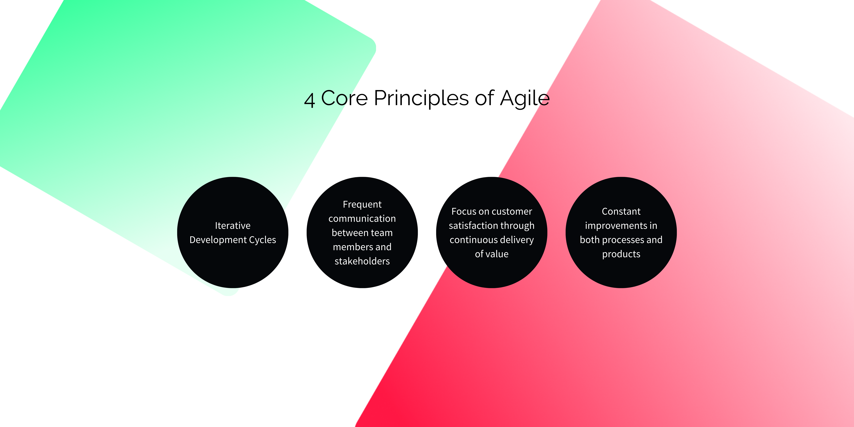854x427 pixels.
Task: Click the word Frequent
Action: click(x=362, y=205)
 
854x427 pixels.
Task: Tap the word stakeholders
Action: click(x=362, y=261)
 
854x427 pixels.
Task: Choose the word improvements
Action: click(x=616, y=226)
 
